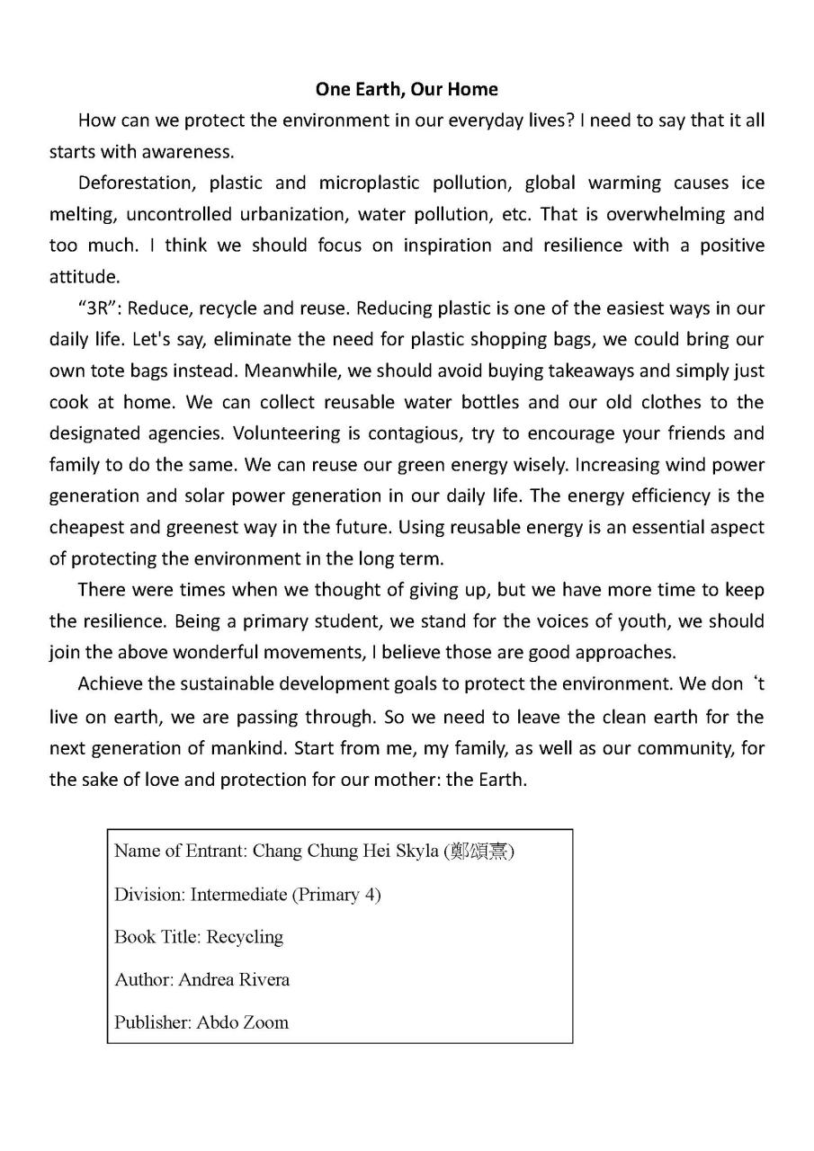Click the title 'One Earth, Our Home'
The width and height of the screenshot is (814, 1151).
407,89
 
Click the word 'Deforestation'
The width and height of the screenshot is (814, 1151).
136,183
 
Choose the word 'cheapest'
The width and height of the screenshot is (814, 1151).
86,527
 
